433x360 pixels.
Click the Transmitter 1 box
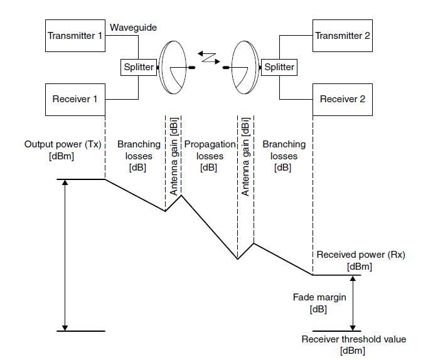point(75,36)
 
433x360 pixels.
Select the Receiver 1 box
point(75,99)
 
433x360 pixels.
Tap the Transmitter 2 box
point(343,36)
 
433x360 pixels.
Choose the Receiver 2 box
point(343,99)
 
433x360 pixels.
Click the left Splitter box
point(139,67)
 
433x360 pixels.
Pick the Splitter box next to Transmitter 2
point(279,67)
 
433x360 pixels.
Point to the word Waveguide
point(133,28)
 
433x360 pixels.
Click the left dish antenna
point(173,67)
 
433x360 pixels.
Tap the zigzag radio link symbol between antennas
point(209,58)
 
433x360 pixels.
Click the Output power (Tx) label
point(63,150)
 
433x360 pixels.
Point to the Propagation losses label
point(210,156)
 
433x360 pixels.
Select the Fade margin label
point(319,303)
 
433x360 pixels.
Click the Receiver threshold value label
point(354,345)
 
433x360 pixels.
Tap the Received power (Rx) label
point(361,260)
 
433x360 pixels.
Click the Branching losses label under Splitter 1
point(139,156)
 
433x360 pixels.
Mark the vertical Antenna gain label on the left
point(173,157)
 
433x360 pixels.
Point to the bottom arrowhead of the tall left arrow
point(65,328)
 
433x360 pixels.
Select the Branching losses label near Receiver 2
point(284,156)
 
